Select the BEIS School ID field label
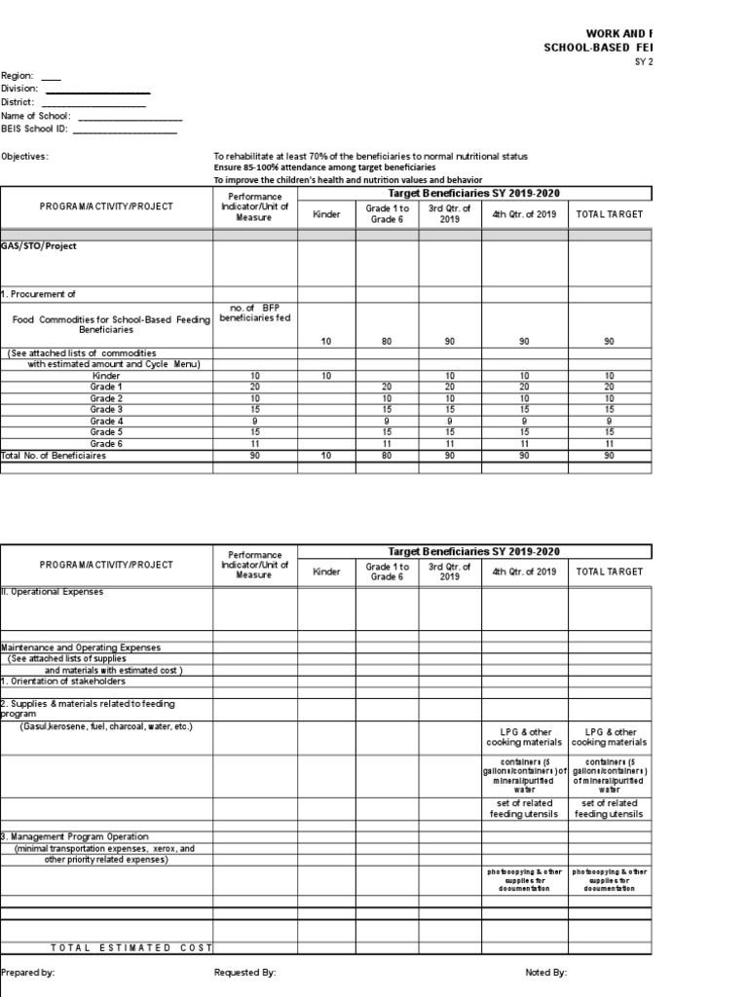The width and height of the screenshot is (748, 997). pyautogui.click(x=35, y=129)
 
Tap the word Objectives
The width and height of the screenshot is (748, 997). pyautogui.click(x=24, y=156)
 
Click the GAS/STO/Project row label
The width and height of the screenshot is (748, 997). pyautogui.click(x=39, y=246)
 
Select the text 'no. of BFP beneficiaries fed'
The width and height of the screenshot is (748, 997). pyautogui.click(x=255, y=313)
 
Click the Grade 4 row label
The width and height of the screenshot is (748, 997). pyautogui.click(x=107, y=421)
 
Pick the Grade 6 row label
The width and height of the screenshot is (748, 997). pyautogui.click(x=107, y=443)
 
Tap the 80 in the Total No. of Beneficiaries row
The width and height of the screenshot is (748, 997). pyautogui.click(x=387, y=455)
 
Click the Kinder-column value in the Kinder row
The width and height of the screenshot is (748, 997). pyautogui.click(x=326, y=376)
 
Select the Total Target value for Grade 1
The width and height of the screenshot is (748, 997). pyautogui.click(x=610, y=387)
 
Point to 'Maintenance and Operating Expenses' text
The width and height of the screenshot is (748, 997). pyautogui.click(x=82, y=647)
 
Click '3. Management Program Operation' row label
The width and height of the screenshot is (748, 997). pyautogui.click(x=75, y=836)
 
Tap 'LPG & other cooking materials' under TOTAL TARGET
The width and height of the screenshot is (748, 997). pyautogui.click(x=610, y=737)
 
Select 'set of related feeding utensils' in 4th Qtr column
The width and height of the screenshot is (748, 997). pyautogui.click(x=525, y=808)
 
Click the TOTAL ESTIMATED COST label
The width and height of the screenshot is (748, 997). pyautogui.click(x=131, y=948)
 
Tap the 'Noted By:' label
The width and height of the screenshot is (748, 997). pyautogui.click(x=545, y=973)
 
